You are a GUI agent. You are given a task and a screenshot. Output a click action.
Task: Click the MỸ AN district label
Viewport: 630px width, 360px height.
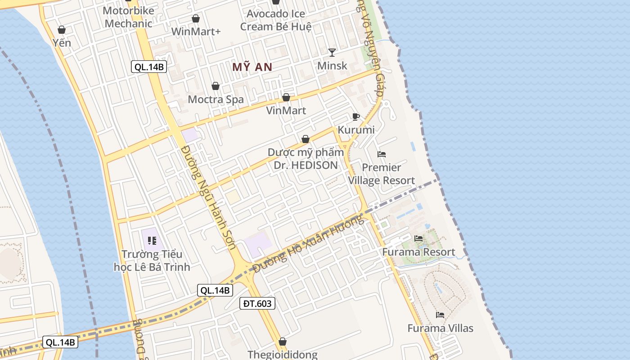click(252, 67)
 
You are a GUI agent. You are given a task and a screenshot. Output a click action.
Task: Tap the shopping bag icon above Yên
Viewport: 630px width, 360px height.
click(62, 30)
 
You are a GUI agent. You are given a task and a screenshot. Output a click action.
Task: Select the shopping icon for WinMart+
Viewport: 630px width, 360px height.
click(196, 18)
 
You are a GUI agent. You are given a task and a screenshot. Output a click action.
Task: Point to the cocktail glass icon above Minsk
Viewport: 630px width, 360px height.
click(332, 52)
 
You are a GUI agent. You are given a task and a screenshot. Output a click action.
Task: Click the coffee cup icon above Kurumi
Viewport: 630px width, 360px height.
click(356, 117)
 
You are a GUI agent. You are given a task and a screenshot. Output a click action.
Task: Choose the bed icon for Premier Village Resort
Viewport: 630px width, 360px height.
click(382, 154)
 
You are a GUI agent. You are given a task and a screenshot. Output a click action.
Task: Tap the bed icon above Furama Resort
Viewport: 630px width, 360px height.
click(418, 238)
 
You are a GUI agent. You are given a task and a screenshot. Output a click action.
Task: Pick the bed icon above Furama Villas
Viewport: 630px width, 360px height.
click(440, 315)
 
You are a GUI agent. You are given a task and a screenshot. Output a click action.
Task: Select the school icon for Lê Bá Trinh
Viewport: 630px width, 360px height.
click(152, 241)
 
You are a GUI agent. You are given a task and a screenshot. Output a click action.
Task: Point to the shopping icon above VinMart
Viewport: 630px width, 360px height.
click(286, 97)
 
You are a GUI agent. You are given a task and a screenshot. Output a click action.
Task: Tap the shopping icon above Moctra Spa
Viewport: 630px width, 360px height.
click(216, 86)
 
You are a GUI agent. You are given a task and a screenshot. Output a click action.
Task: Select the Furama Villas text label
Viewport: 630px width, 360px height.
click(440, 328)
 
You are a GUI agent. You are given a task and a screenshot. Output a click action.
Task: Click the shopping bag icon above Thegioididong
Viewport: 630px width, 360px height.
click(282, 342)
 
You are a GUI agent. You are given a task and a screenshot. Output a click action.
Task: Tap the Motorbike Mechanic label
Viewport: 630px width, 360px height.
click(128, 17)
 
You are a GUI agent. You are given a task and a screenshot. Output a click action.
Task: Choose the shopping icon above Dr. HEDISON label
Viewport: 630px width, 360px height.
click(306, 139)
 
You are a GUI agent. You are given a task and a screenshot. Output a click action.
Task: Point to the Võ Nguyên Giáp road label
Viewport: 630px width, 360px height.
click(371, 49)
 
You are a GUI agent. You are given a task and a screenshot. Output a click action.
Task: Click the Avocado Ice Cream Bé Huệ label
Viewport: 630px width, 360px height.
click(275, 20)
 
